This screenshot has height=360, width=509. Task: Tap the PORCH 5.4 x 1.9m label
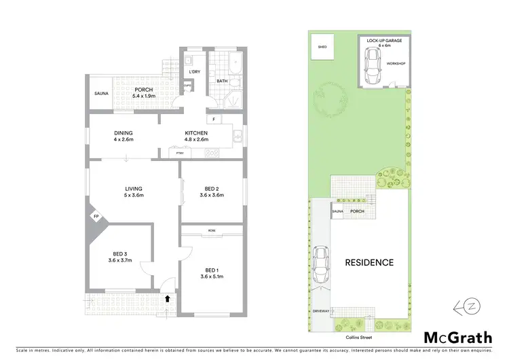(143, 93)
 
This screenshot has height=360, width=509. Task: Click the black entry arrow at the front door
(167, 298)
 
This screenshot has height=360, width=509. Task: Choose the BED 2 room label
(212, 192)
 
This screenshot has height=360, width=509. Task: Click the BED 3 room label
(118, 255)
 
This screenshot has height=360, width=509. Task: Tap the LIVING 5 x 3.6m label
(133, 192)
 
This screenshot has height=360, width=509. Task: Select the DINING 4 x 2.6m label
(124, 136)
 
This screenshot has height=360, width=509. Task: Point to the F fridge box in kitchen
(214, 120)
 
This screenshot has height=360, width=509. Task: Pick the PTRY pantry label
(180, 154)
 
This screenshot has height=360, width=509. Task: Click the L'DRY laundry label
(195, 72)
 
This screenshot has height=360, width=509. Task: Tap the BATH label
(222, 82)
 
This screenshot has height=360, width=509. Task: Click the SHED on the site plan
(322, 48)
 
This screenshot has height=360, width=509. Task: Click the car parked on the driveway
(320, 264)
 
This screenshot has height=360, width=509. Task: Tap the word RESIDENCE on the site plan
(369, 262)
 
